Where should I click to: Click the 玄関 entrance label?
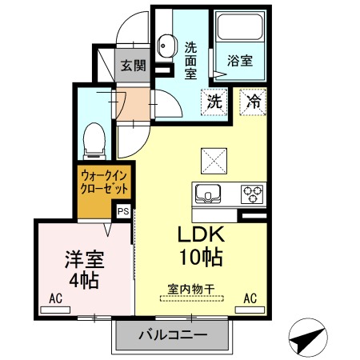pos(133,66)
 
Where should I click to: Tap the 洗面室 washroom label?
pos(191,60)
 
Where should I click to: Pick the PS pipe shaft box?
pos(124,211)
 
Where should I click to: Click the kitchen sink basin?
pos(207,194)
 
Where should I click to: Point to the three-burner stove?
pos(253,193)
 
